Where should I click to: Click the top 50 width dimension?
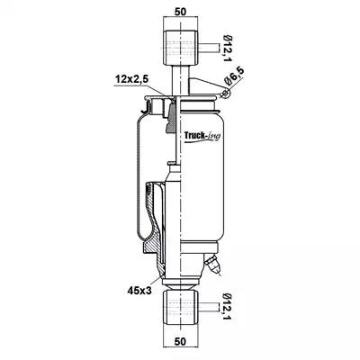pyautogui.click(x=180, y=12)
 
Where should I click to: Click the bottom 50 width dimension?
pyautogui.click(x=180, y=341)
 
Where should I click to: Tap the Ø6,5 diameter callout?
pyautogui.click(x=235, y=76)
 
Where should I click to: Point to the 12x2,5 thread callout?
pyautogui.click(x=132, y=80)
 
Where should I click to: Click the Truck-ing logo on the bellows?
pyautogui.click(x=202, y=136)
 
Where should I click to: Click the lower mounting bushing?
pyautogui.click(x=180, y=308)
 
